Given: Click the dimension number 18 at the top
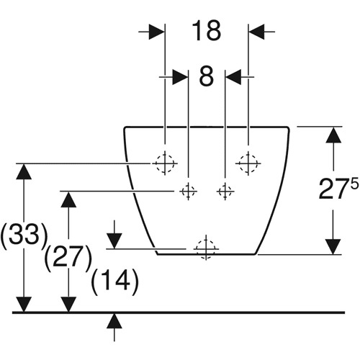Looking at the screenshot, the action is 207,31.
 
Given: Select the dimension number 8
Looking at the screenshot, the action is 207,77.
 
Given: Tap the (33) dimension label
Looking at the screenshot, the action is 24,235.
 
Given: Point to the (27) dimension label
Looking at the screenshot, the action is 68,257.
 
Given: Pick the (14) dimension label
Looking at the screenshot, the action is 115,280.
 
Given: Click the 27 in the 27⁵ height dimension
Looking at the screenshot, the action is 334,189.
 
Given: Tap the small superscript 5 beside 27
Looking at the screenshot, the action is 354,183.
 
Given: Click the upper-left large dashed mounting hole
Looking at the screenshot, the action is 165,163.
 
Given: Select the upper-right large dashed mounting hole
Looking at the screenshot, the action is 248,163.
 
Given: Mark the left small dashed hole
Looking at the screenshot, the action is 188,192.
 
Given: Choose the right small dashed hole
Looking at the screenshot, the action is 225,192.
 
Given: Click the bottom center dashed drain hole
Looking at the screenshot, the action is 206,249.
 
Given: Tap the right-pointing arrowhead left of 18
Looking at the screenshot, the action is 157,32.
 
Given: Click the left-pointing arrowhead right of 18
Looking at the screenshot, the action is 256,32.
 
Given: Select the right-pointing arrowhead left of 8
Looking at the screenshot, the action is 180,77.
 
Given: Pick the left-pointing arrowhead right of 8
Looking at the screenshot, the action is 233,77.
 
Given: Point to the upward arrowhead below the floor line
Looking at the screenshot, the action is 114,320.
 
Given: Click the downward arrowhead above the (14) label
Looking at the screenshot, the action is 114,241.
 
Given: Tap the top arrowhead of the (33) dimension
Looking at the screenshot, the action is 24,171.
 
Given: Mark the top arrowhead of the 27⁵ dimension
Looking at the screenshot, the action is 333,135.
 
